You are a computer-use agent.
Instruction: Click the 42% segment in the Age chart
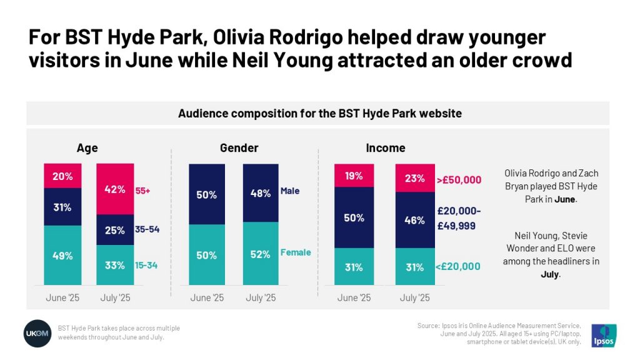(115, 189)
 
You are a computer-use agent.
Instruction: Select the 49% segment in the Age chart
(62, 256)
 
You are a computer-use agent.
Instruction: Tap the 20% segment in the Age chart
(62, 176)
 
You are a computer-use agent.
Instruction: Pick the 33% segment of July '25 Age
(115, 265)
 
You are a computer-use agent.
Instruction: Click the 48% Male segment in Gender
(261, 193)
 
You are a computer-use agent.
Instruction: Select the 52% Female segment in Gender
(261, 254)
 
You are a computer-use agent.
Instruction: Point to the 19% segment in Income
(354, 176)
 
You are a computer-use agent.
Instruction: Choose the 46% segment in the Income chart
(414, 220)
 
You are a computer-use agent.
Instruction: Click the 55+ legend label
(143, 190)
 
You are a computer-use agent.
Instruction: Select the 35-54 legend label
(147, 229)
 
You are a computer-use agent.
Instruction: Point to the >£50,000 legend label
(459, 180)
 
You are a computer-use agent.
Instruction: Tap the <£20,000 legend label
(459, 266)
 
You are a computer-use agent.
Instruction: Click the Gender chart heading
(239, 148)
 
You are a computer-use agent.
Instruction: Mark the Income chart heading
(385, 148)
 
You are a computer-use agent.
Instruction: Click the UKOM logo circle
(37, 332)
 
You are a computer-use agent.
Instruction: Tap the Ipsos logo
(604, 335)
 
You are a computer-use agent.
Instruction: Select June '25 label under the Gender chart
(206, 297)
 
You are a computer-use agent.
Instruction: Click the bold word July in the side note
(549, 274)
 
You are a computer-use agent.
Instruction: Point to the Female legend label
(295, 252)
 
